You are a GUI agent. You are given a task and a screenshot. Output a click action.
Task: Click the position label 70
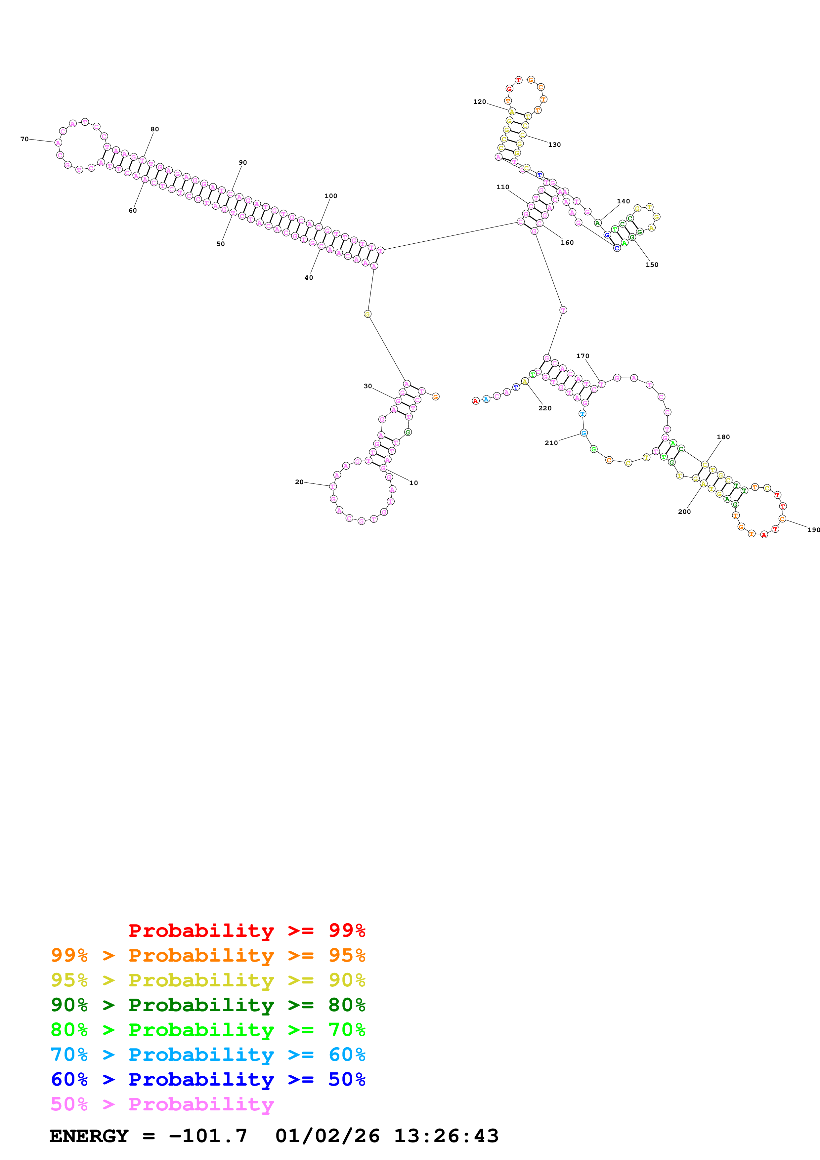pos(24,139)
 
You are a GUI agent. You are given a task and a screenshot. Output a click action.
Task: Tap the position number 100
pos(330,196)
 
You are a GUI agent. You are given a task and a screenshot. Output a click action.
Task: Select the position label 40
pos(309,277)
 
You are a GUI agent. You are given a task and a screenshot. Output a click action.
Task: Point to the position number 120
pos(480,102)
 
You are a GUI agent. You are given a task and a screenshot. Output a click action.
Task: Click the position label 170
pos(583,356)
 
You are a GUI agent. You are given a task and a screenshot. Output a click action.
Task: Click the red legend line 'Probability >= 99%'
pos(246,930)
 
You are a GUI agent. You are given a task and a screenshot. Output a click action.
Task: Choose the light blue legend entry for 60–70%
pos(208,1055)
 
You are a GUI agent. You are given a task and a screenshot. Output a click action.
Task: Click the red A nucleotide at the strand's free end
pos(475,401)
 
